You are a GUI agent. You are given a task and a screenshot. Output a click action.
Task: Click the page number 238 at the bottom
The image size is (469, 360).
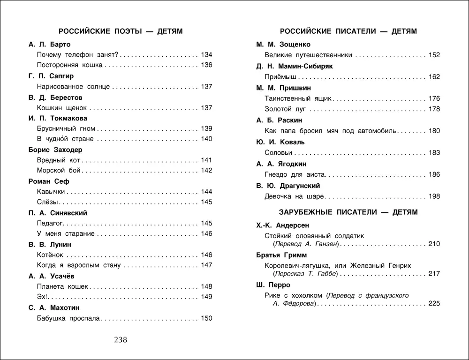(x=121, y=340)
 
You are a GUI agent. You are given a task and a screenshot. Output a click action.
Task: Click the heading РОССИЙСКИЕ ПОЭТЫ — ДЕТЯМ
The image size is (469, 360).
(x=121, y=31)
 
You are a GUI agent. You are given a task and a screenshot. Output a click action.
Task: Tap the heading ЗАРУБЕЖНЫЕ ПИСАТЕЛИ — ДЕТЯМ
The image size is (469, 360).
(x=348, y=212)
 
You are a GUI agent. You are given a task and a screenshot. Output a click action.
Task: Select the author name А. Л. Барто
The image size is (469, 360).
(x=49, y=45)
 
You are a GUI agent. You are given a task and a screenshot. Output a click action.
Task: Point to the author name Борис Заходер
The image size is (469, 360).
(x=55, y=150)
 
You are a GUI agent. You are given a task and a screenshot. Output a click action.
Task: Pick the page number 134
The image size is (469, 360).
(x=206, y=54)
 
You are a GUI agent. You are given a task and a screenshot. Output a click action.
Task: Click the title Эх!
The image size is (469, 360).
(x=42, y=297)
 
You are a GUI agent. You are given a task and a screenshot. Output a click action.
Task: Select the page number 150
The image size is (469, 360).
(x=206, y=319)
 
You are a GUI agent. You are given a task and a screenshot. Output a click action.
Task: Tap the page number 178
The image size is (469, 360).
(x=434, y=109)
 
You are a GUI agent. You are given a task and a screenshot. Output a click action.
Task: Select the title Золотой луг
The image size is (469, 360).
(x=286, y=109)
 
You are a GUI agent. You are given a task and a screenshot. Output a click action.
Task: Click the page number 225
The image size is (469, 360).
(x=434, y=304)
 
